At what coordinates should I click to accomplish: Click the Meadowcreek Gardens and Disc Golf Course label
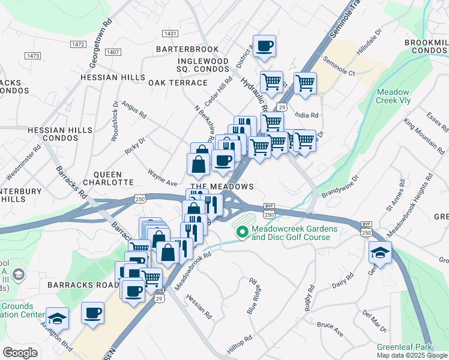291,233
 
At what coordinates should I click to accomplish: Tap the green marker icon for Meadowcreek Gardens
243,232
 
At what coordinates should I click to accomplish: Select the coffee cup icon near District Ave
264,46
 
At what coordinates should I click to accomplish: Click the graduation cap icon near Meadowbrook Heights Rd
380,252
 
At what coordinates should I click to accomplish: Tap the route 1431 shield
170,34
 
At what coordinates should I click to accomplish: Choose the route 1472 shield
77,44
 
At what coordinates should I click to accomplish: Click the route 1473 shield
33,56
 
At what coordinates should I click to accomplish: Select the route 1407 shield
113,52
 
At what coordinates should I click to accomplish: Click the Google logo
20,353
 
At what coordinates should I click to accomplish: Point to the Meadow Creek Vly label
393,96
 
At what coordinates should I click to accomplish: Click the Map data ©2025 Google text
411,355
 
